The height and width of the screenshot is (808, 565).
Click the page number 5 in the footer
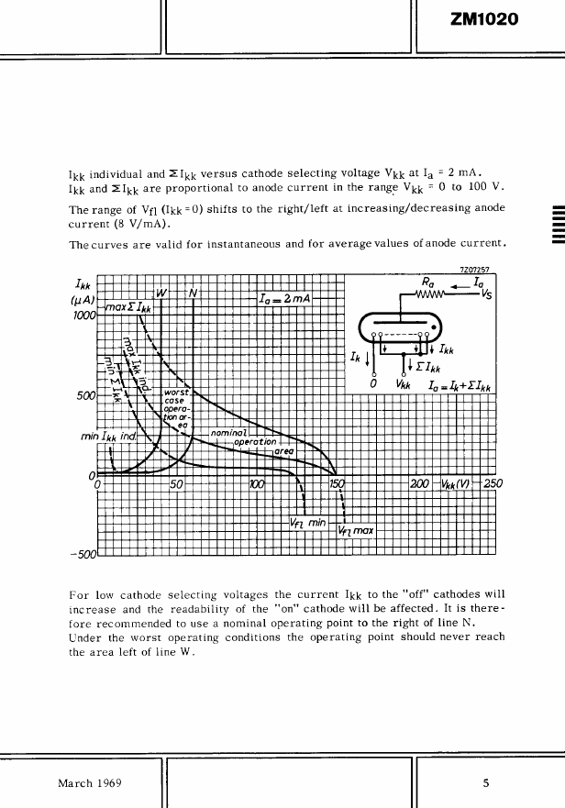[487, 783]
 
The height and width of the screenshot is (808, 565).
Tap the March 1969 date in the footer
[90, 783]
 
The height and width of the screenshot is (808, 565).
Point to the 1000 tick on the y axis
[83, 315]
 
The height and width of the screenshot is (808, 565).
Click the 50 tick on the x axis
[178, 484]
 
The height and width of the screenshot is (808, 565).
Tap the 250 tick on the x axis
[493, 484]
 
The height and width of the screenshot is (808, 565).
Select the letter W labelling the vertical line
[162, 292]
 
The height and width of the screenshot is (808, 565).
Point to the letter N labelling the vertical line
[194, 292]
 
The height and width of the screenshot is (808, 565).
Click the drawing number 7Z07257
[476, 270]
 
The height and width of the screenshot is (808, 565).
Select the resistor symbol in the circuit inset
[430, 295]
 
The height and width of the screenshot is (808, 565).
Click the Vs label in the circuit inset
[486, 295]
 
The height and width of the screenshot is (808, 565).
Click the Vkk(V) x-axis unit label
[456, 484]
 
